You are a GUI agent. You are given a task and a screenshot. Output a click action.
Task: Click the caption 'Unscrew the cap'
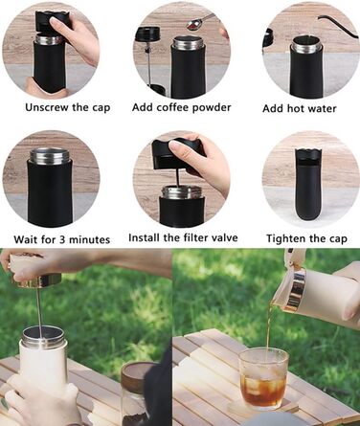pos(68,107)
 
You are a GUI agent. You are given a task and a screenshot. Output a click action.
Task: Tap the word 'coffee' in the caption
pos(172,107)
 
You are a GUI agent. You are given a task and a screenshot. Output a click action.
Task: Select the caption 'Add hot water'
pos(300,108)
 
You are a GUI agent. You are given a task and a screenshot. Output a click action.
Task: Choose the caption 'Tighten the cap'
pos(306,238)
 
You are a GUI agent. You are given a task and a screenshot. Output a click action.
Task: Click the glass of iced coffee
pos(263,379)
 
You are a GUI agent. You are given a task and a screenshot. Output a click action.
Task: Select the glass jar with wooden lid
pos(138,393)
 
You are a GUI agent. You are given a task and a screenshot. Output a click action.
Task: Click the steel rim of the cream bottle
pos(43,337)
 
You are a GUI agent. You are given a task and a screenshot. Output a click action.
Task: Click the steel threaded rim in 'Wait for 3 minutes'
pos(49,156)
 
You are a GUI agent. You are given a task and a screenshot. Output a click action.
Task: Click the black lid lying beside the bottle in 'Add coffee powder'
pos(147,34)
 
